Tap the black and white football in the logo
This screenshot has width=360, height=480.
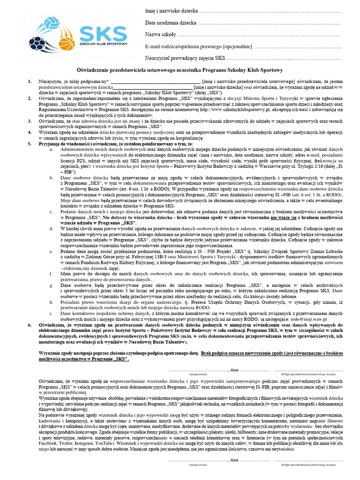click(x=37, y=45)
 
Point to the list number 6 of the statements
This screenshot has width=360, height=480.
click(x=30, y=325)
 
